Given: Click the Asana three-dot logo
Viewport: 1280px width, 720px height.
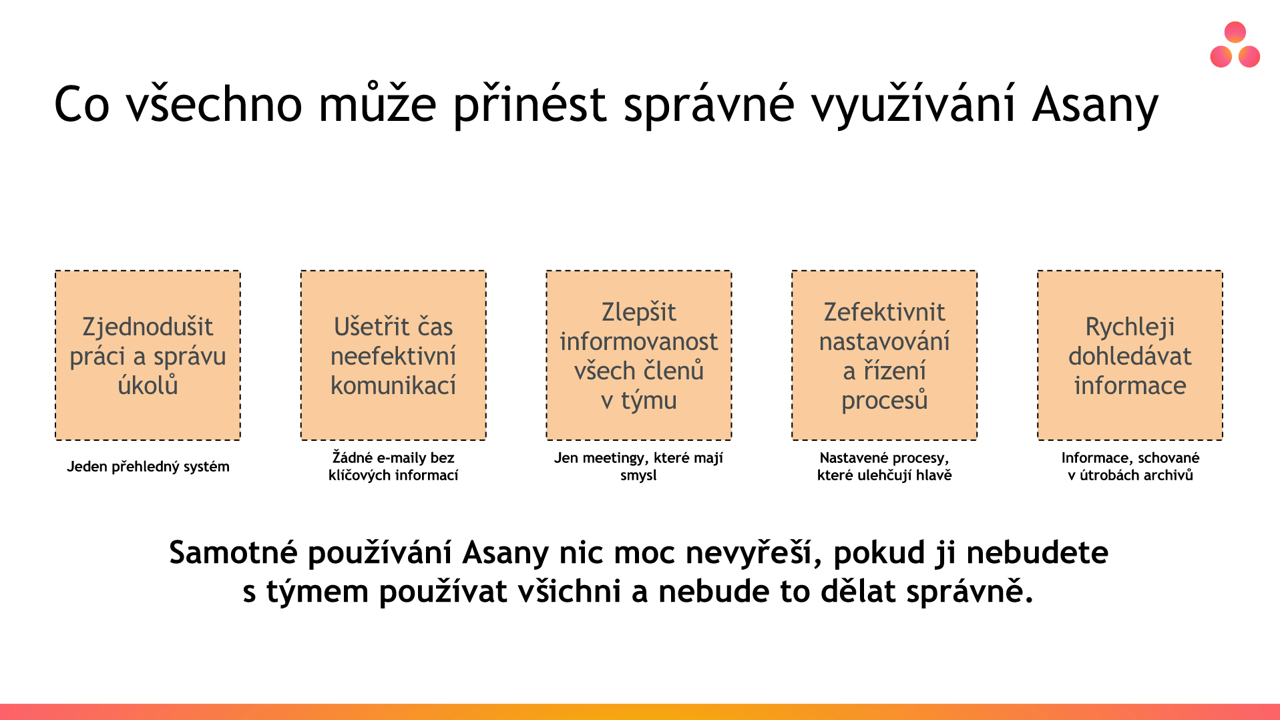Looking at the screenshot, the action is point(1235,45).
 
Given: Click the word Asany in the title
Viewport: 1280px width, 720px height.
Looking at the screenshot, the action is point(1095,106).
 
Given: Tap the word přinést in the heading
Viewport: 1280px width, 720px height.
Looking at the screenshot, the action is point(530,106).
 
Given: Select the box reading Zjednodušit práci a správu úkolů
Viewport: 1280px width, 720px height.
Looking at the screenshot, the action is point(148,355).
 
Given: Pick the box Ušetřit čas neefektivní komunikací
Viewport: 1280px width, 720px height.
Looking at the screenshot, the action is point(393,355).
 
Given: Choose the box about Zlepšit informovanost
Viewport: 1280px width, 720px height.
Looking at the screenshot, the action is point(639,355).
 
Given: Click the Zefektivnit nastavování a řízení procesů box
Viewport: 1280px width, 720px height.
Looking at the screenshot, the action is point(885,355).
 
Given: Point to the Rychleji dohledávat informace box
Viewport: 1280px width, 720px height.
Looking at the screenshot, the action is point(1130,355).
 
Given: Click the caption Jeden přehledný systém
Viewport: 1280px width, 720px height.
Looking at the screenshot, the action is point(148,467).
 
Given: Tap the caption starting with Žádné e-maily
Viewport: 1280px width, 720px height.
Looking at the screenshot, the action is point(393,466).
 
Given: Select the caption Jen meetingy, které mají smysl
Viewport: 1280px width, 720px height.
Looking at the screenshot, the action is point(638,466).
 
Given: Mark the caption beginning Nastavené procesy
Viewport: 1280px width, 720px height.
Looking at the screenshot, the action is point(885,466).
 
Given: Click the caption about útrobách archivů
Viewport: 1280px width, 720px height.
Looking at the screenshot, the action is point(1130,466).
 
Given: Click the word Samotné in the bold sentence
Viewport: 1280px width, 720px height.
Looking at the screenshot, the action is point(233,553).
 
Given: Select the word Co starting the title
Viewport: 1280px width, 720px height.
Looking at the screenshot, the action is point(81,106).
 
